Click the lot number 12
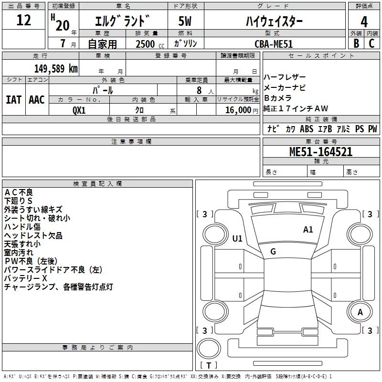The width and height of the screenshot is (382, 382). pos(23,21)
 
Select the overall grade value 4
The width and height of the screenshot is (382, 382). pos(364,21)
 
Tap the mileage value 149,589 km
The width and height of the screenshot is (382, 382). pos(56,69)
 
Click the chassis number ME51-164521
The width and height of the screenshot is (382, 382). pos(321,152)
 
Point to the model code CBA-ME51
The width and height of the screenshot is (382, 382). pos(274,44)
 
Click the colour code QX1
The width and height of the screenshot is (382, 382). pos(79,110)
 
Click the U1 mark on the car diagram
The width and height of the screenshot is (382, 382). pos(237,238)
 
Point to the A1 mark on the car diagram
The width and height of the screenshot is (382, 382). pos(308,230)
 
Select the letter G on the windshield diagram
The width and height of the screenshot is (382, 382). pos(273,252)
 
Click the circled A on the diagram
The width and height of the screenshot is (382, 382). pos(361,312)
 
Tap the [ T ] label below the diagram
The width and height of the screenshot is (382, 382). pos(209,365)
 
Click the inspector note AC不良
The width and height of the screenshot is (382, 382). pos(19,192)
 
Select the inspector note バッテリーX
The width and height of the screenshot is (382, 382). pos(26,278)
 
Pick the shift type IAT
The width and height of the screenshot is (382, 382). pos(13,99)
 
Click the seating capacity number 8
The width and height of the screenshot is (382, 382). pos(199,90)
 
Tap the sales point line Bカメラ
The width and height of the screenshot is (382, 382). pos(278,98)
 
